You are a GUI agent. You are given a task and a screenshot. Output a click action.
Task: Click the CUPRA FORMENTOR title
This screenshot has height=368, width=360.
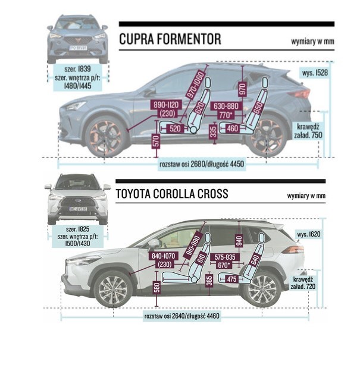[170, 39]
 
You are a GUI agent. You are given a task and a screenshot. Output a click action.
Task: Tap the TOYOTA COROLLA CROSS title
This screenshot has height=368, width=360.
[172, 194]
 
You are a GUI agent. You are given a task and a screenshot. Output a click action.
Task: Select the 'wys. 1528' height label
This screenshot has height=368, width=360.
[315, 73]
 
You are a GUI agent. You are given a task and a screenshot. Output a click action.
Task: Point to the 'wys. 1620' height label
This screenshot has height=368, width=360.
[309, 234]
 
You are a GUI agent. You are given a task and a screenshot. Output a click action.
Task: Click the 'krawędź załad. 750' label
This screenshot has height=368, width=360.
[308, 131]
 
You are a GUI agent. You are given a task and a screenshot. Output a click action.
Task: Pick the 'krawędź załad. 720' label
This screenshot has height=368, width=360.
[303, 283]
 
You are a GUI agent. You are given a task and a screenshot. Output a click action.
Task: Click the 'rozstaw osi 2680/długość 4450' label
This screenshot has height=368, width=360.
[202, 164]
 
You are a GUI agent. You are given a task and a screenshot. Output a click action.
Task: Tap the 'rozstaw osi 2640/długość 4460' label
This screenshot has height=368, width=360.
[181, 316]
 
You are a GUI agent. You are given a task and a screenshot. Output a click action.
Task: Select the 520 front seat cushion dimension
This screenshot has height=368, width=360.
[175, 128]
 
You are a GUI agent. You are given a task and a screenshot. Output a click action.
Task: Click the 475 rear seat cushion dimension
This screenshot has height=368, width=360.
[231, 279]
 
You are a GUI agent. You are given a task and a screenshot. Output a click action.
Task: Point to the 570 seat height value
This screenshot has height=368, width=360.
[156, 141]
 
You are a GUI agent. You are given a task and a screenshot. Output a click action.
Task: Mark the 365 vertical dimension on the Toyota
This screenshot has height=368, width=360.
[209, 281]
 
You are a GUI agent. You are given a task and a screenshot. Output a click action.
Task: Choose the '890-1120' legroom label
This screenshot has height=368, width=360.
[166, 105]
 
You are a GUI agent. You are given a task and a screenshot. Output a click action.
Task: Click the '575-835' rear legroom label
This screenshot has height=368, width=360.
[225, 257]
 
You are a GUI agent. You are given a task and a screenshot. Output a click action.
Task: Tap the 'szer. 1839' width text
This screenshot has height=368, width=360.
[77, 69]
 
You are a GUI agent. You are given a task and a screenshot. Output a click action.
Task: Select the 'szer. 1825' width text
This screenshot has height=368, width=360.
[77, 229]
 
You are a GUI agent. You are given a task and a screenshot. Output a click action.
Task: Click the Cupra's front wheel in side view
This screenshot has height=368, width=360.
[105, 136]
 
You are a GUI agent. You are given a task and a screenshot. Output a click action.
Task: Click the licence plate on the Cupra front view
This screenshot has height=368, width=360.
[78, 48]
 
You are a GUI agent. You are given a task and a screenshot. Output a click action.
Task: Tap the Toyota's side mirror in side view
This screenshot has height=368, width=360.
[154, 243]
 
